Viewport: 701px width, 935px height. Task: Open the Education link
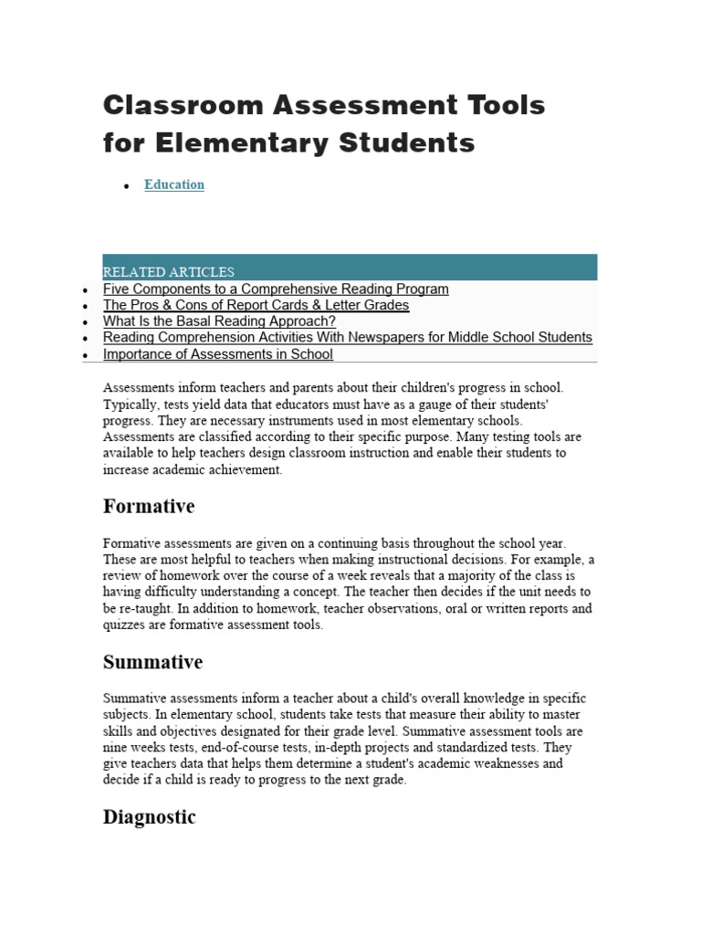pos(174,184)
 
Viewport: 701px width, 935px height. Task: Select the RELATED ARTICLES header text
pos(169,272)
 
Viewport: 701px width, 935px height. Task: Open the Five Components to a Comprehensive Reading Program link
pos(276,289)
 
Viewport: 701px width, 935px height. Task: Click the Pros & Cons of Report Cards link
pos(256,305)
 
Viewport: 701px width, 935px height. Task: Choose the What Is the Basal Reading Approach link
pos(219,321)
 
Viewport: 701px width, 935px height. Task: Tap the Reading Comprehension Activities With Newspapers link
pos(347,338)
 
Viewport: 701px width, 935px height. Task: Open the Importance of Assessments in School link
pos(218,354)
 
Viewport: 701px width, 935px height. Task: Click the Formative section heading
pos(149,506)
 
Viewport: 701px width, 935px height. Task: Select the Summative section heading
pos(152,662)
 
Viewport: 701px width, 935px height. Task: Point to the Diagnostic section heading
pos(150,817)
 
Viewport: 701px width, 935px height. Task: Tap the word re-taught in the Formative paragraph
pos(145,609)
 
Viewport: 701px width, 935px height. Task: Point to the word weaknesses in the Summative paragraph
pos(523,764)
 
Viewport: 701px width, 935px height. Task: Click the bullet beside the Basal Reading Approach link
pos(85,323)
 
